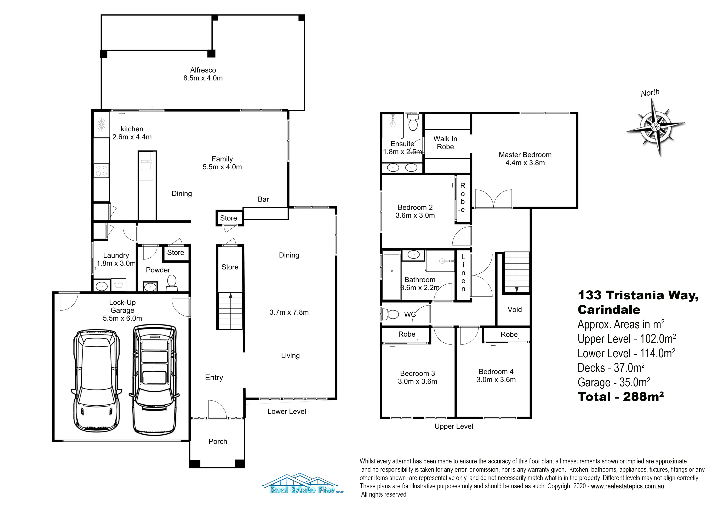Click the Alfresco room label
pos(203,70)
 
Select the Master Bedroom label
pos(525,155)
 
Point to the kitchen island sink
pos(146,161)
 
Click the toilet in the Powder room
pos(171,283)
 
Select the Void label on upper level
pos(515,309)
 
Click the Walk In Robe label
pos(445,143)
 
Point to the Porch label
pos(218,441)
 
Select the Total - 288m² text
pos(621,396)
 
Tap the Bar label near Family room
pos(263,199)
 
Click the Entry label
pos(214,377)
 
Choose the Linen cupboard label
pos(463,273)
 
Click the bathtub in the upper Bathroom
pos(392,275)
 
